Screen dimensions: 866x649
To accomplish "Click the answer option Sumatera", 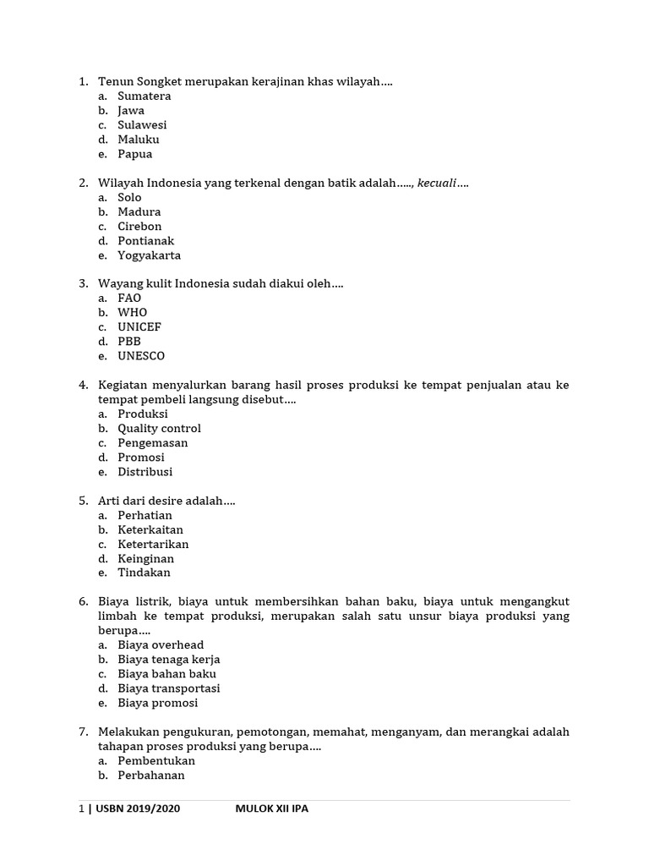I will [x=144, y=96].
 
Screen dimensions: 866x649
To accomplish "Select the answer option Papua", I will [x=134, y=154].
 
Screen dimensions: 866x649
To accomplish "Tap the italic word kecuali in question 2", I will [x=437, y=183].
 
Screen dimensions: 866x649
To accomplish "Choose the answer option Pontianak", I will [x=145, y=240].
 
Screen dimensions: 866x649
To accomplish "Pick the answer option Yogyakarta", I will [x=149, y=255].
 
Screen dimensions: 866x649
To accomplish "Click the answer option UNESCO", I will [x=141, y=356].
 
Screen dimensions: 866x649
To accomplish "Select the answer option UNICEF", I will [x=139, y=326].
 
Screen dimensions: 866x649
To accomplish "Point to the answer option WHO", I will [x=132, y=312].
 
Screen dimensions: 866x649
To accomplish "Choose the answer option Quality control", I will [x=159, y=428].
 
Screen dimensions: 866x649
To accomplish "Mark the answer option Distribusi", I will [x=145, y=471].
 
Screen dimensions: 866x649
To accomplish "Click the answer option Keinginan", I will [x=145, y=558].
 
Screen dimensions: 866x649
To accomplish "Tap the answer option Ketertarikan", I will [x=153, y=544].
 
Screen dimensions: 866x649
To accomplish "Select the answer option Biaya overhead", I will [x=161, y=644].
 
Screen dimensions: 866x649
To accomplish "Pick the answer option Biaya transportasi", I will [x=169, y=688].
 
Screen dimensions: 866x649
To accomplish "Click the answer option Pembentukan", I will [x=156, y=760].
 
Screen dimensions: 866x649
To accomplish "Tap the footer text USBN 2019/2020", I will [x=138, y=809].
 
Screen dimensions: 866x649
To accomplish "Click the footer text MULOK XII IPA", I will [x=271, y=809].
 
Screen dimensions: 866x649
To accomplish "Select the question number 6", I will [x=84, y=601].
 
